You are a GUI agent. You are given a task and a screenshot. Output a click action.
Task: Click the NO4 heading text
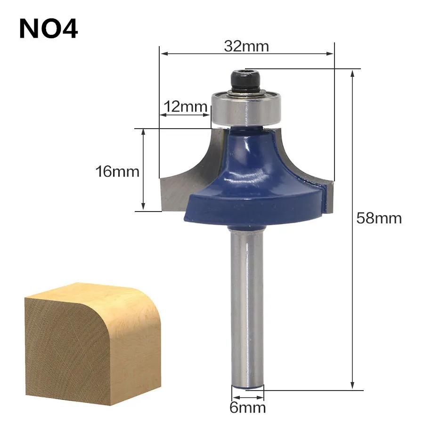[49, 29]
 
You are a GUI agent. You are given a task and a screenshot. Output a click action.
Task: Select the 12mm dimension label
[185, 106]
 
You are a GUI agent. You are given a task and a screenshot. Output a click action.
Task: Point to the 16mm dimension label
[117, 171]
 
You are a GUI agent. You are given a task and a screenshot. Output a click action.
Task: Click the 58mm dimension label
[379, 218]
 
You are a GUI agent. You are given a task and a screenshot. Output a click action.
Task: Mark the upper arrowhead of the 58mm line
[352, 73]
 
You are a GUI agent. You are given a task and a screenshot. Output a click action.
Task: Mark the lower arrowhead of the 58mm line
[352, 387]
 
